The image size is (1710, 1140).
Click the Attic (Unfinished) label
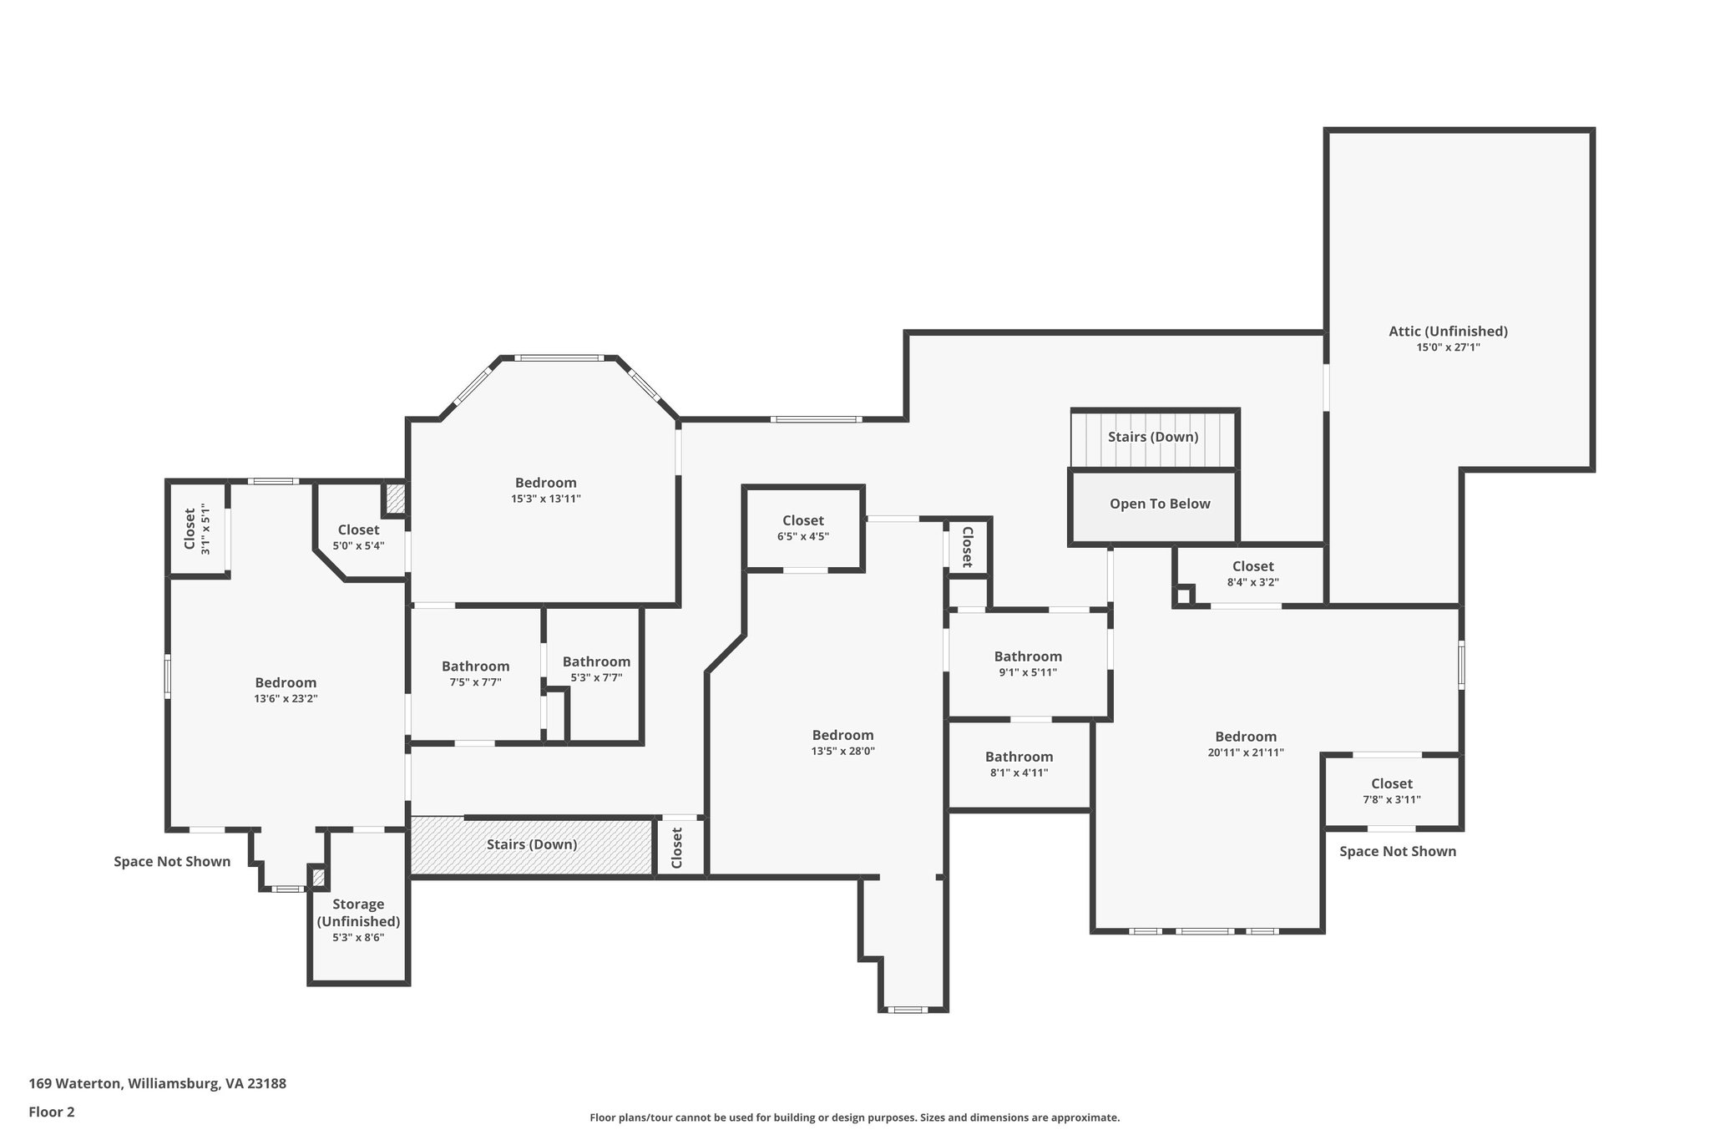[x=1448, y=332]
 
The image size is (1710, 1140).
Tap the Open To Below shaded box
[x=1159, y=504]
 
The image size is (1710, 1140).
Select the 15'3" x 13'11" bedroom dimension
[x=545, y=499]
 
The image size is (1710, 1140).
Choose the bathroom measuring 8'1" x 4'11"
[x=1019, y=764]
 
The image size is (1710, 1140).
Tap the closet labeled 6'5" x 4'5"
[x=802, y=529]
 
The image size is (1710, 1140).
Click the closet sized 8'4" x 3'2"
[x=1252, y=574]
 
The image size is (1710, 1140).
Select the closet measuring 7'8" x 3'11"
[x=1391, y=791]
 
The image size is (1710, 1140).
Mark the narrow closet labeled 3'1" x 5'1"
[x=196, y=529]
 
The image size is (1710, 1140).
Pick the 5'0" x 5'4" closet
[x=358, y=537]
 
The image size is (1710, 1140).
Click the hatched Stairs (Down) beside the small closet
[x=532, y=844]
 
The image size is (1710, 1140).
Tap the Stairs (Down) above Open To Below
[x=1152, y=438]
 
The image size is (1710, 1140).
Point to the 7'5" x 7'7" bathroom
[x=475, y=673]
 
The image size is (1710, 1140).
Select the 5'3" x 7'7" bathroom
[x=595, y=669]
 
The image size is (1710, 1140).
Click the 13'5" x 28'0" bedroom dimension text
[x=842, y=751]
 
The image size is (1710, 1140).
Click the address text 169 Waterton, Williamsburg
[x=158, y=1084]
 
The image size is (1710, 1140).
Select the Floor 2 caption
[x=52, y=1112]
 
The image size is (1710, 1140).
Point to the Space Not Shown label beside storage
[x=172, y=862]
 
